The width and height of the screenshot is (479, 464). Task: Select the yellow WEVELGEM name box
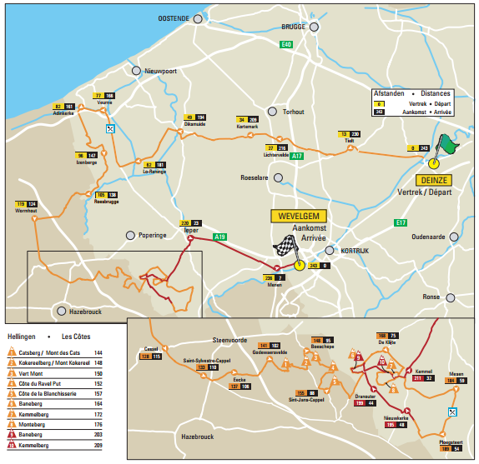(x=295, y=216)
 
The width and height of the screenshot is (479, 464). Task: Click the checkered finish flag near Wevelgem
(x=288, y=247)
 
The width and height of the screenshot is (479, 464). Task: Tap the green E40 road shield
(x=286, y=43)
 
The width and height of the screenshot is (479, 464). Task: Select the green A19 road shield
(x=219, y=237)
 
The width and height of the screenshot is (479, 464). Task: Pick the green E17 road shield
(x=401, y=222)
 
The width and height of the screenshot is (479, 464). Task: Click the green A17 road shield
(x=297, y=156)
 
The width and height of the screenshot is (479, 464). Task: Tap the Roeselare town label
(x=257, y=177)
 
